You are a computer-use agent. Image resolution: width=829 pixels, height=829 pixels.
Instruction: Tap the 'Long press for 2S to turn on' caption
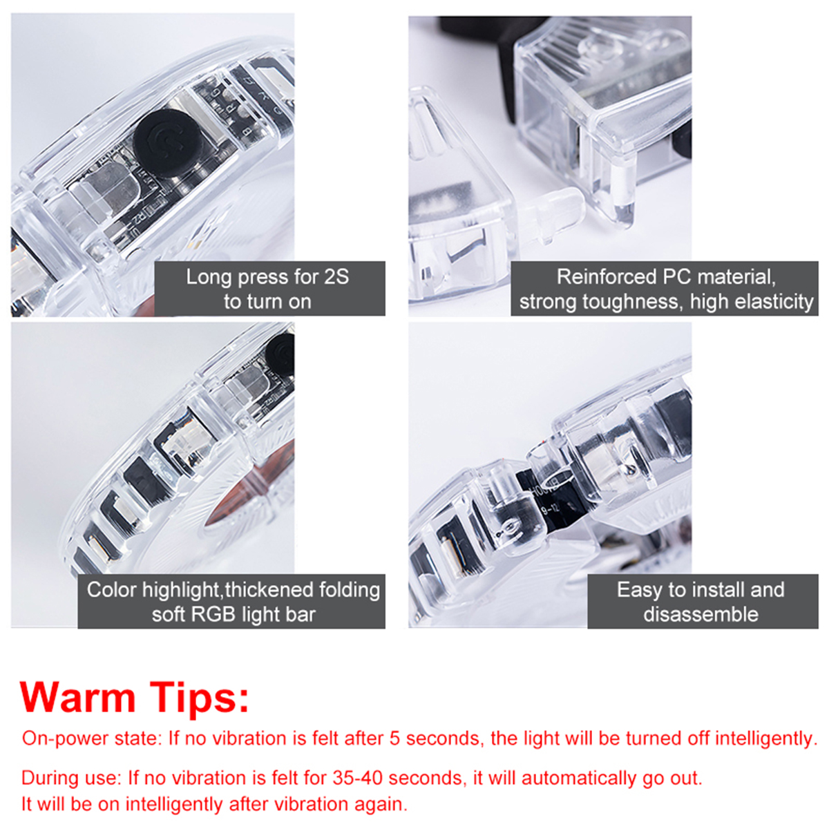click(x=269, y=289)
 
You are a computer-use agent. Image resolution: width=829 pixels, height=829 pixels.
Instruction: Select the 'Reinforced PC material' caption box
click(x=665, y=289)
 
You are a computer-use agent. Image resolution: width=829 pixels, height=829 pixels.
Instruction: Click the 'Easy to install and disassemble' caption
click(x=702, y=601)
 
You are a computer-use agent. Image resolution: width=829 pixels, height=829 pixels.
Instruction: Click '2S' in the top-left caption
click(x=336, y=277)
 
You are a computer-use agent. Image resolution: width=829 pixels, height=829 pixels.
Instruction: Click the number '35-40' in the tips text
click(x=357, y=778)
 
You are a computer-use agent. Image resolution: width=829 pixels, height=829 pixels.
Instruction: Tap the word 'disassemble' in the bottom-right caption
click(x=701, y=614)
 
